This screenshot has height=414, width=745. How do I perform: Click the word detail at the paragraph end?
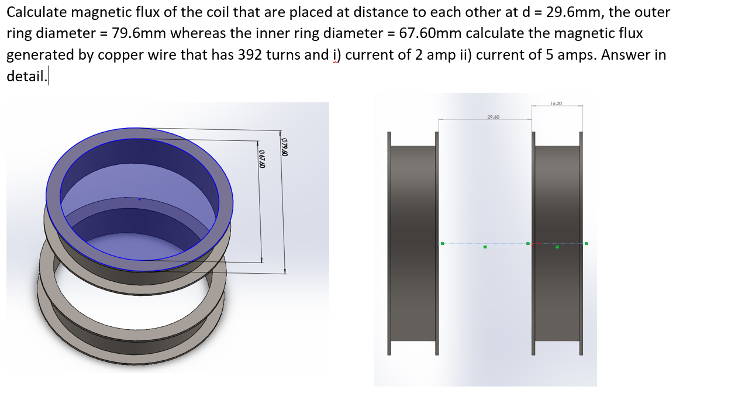pos(25,77)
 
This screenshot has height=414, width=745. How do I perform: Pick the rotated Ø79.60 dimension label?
pos(285,146)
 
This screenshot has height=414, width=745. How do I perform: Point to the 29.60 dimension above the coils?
pos(492,117)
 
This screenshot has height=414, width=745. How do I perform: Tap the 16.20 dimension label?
pos(556,103)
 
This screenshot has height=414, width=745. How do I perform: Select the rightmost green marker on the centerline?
pos(586,243)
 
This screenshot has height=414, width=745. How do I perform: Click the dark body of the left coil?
pos(412,243)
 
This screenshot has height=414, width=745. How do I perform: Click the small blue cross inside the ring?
pos(139,199)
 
